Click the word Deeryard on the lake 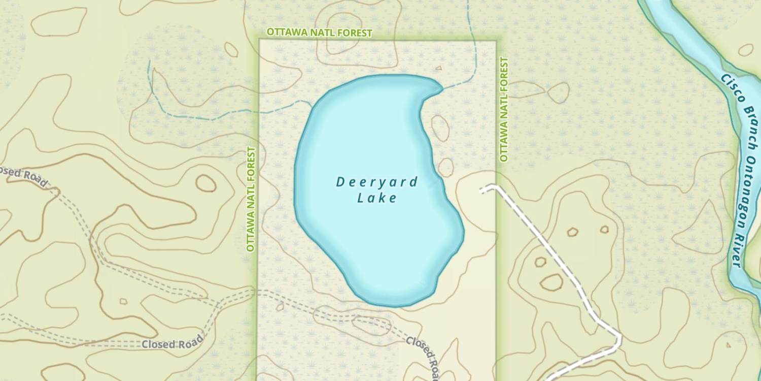(376, 182)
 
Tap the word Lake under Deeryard (376, 198)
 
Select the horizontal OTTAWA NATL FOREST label (319, 33)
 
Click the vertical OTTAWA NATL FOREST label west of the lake (250, 199)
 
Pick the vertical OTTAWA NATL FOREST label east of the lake (504, 109)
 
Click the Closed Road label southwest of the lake (172, 342)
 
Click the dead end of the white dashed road (481, 190)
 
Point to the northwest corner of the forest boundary (260, 40)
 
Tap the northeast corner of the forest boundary (496, 41)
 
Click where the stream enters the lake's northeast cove (442, 88)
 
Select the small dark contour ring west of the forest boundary (206, 183)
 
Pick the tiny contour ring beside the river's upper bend (745, 49)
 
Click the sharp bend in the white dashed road (619, 336)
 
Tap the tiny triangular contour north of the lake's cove (439, 67)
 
